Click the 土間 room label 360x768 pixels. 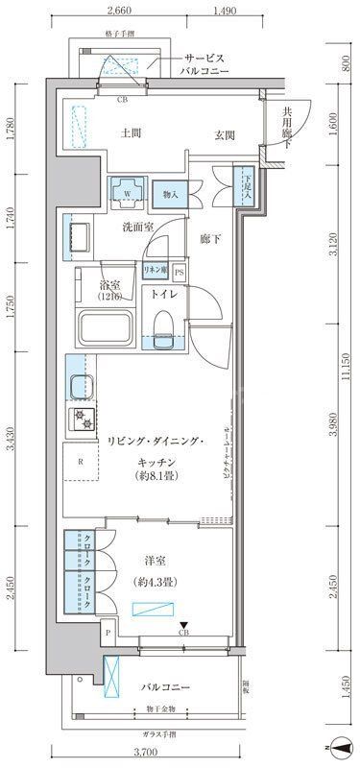[x=132, y=133]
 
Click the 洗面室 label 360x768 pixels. [x=138, y=228]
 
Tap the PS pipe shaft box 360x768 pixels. [x=180, y=272]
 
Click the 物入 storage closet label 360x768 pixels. [x=172, y=193]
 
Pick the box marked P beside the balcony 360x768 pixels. [x=108, y=633]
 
